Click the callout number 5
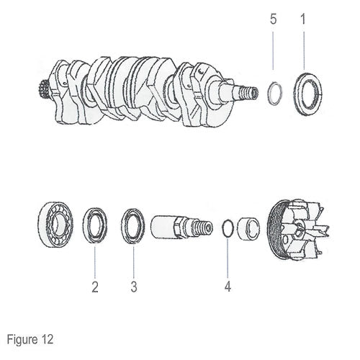(x=273, y=19)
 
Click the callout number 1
(x=303, y=19)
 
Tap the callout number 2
(x=95, y=287)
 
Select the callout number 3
(x=134, y=287)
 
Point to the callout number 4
(x=228, y=287)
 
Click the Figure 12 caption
(x=30, y=340)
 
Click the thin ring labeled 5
(x=269, y=94)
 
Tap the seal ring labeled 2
(x=84, y=225)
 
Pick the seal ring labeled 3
(x=123, y=226)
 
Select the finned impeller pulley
(x=297, y=230)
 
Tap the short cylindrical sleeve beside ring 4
(x=248, y=228)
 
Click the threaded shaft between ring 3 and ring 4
(x=181, y=227)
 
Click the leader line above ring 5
(x=274, y=50)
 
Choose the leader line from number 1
(x=304, y=50)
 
